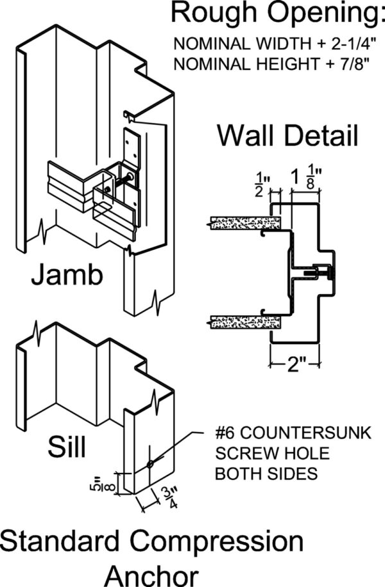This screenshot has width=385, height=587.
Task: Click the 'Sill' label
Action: point(67,447)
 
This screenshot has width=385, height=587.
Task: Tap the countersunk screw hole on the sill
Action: point(150,463)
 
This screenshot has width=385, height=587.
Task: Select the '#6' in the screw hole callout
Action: point(226,434)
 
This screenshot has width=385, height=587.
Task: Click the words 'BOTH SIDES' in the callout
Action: point(267,474)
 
